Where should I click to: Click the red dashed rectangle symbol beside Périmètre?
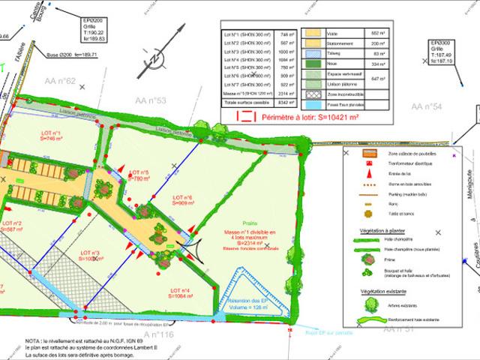pyautogui.click(x=244, y=116)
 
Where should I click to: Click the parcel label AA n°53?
pyautogui.click(x=151, y=100)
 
